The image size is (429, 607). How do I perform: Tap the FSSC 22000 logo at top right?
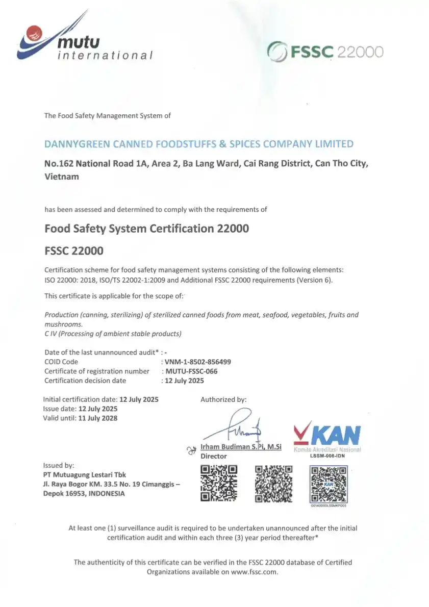click(325, 52)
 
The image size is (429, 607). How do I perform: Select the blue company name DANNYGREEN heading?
click(199, 144)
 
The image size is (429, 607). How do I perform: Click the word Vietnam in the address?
click(62, 176)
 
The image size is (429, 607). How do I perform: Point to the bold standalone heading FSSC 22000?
click(74, 250)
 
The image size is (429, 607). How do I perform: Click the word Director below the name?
click(213, 456)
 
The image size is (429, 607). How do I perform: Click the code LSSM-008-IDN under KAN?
click(327, 456)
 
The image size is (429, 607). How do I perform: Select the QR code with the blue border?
click(329, 483)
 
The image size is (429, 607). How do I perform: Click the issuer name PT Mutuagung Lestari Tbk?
click(85, 475)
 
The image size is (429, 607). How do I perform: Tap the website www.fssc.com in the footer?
click(254, 572)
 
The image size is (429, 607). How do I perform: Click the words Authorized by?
click(223, 399)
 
